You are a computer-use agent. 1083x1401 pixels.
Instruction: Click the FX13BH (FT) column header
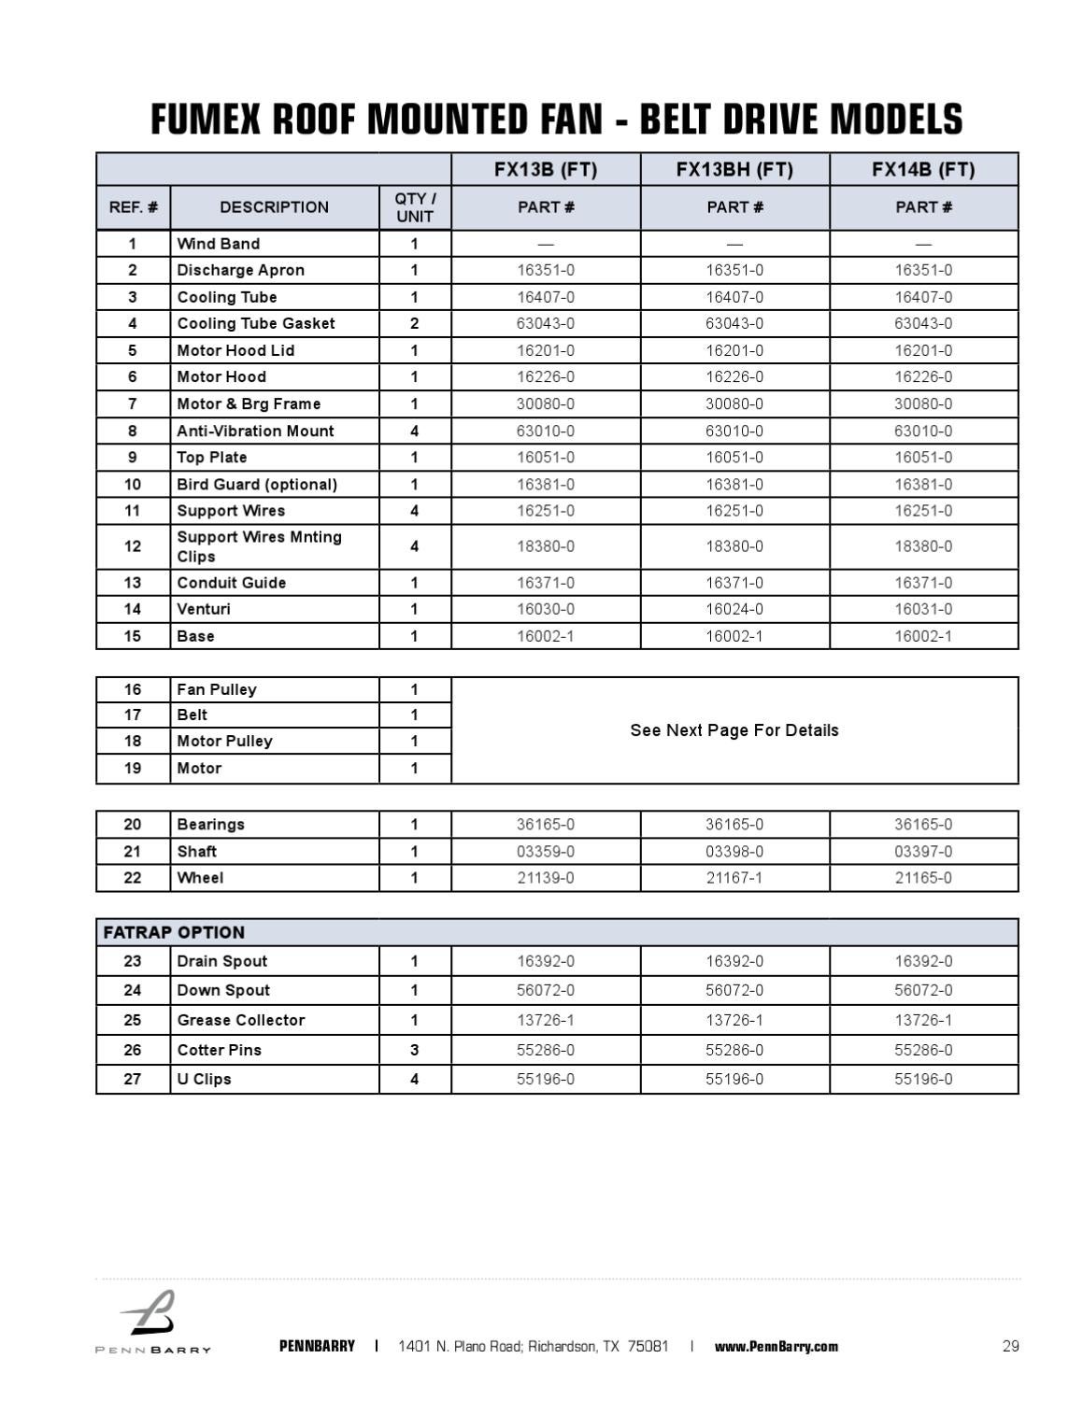734,169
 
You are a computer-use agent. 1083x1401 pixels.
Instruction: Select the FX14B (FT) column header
923,169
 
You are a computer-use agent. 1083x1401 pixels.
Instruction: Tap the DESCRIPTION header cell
274,207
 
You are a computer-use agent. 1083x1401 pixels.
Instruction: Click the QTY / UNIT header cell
415,207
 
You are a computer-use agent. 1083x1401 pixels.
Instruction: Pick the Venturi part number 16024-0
734,609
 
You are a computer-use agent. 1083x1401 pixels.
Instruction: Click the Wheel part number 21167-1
734,878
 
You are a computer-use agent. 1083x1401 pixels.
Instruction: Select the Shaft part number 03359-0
546,852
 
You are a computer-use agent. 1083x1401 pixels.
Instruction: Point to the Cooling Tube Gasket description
256,323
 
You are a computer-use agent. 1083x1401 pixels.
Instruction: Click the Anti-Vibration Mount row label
255,431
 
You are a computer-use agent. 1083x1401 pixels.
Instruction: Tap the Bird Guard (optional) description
257,484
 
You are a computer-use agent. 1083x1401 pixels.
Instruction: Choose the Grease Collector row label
241,1020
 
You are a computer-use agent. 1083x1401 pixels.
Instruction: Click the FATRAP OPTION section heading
174,932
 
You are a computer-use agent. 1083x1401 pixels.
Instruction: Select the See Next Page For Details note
734,730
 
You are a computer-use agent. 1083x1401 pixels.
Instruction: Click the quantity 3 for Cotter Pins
415,1050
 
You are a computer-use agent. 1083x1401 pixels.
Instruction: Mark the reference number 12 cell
133,546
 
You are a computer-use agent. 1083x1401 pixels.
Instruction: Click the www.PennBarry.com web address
776,1346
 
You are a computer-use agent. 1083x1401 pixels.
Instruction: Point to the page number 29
1010,1346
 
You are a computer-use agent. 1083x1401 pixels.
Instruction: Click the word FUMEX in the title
207,120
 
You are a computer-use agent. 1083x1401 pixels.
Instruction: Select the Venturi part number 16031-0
923,609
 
